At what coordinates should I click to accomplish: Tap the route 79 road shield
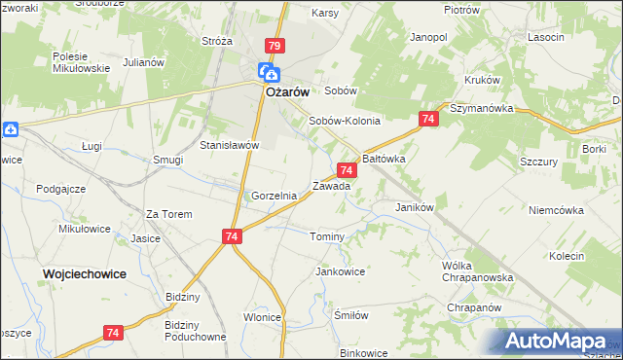274,46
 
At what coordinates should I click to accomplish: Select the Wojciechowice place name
84,274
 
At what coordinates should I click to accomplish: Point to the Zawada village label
331,185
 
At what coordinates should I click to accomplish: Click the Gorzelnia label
274,196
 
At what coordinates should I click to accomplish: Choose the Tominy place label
327,237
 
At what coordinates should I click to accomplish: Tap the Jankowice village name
340,271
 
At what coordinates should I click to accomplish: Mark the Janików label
414,207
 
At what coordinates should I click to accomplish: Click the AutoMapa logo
559,342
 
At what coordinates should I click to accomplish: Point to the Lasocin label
546,37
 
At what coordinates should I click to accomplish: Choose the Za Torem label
169,214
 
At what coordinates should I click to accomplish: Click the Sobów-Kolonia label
344,122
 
